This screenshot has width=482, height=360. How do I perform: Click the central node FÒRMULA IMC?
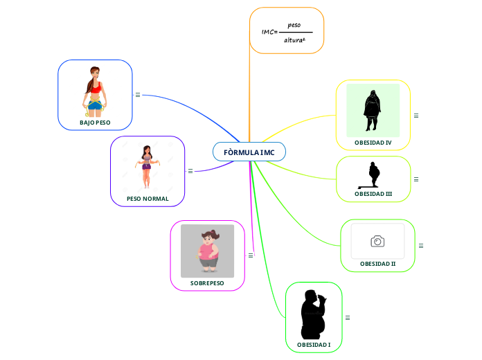249,152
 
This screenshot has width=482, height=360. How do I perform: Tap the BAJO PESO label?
95,122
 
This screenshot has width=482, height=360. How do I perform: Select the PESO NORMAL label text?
148,198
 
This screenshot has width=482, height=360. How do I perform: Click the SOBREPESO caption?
207,282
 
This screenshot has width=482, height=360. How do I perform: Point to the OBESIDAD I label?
314,344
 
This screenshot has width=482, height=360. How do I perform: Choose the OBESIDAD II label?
377,264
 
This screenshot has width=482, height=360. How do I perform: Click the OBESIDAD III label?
373,194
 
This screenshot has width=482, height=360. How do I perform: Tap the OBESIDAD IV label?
373,142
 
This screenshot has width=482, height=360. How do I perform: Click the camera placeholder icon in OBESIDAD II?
377,241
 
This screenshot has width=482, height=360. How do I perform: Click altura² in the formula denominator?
294,40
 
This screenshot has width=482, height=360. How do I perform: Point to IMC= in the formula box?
269,32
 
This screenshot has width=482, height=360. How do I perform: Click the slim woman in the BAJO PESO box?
95,91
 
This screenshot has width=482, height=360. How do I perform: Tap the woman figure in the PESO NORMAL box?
147,166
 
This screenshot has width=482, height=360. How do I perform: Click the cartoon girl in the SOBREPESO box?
208,251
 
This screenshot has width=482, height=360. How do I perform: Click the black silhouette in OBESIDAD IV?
373,110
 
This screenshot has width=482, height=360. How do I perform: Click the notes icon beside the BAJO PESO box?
138,95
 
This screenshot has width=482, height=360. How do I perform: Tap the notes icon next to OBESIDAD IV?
416,115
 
